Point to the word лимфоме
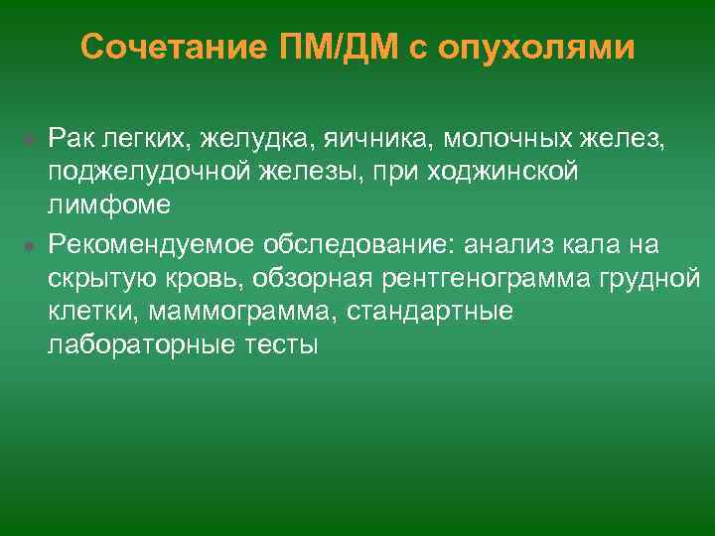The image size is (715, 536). click(x=109, y=205)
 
